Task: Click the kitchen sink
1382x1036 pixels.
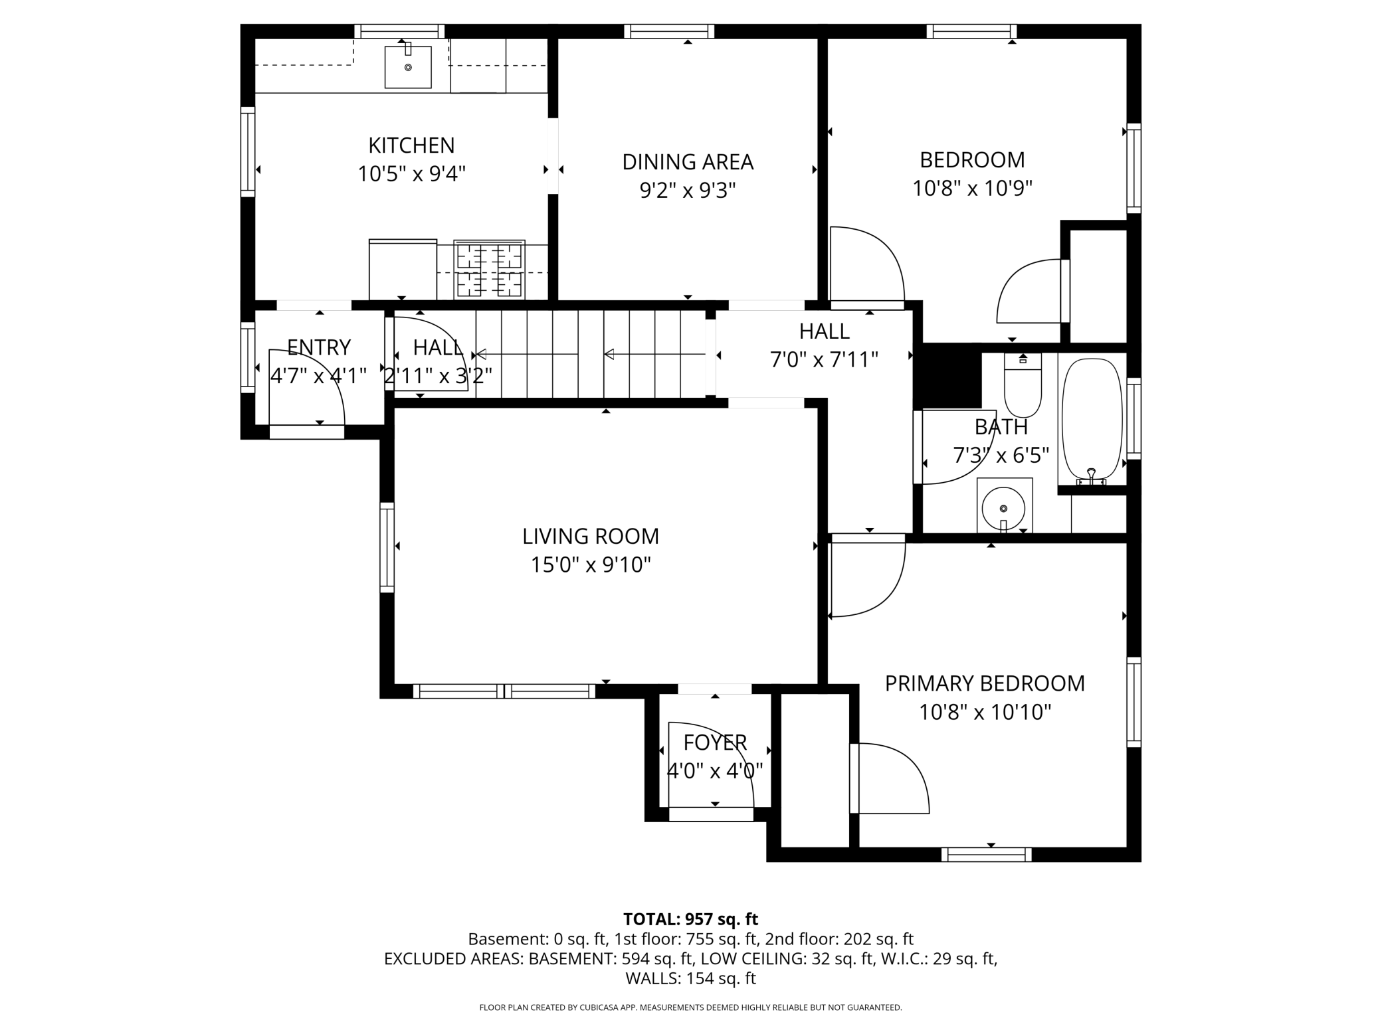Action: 408,67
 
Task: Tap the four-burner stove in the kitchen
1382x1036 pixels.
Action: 489,270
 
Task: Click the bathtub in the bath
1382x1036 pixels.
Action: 1092,420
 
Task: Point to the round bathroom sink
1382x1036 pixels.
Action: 1003,508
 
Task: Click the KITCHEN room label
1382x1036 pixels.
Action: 411,145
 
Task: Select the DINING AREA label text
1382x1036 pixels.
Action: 688,162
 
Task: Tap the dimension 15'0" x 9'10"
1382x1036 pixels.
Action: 590,565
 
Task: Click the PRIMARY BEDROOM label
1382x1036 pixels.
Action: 985,683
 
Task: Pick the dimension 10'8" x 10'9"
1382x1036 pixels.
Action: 972,189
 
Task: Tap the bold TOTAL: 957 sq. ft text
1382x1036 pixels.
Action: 690,919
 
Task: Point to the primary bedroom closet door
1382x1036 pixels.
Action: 890,777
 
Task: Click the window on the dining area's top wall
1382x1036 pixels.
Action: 669,31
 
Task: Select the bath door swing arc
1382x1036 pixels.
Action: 957,452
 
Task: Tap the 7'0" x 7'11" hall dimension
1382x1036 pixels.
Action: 824,360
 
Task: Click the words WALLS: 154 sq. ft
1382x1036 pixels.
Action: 690,978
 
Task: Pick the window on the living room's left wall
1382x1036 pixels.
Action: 387,547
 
